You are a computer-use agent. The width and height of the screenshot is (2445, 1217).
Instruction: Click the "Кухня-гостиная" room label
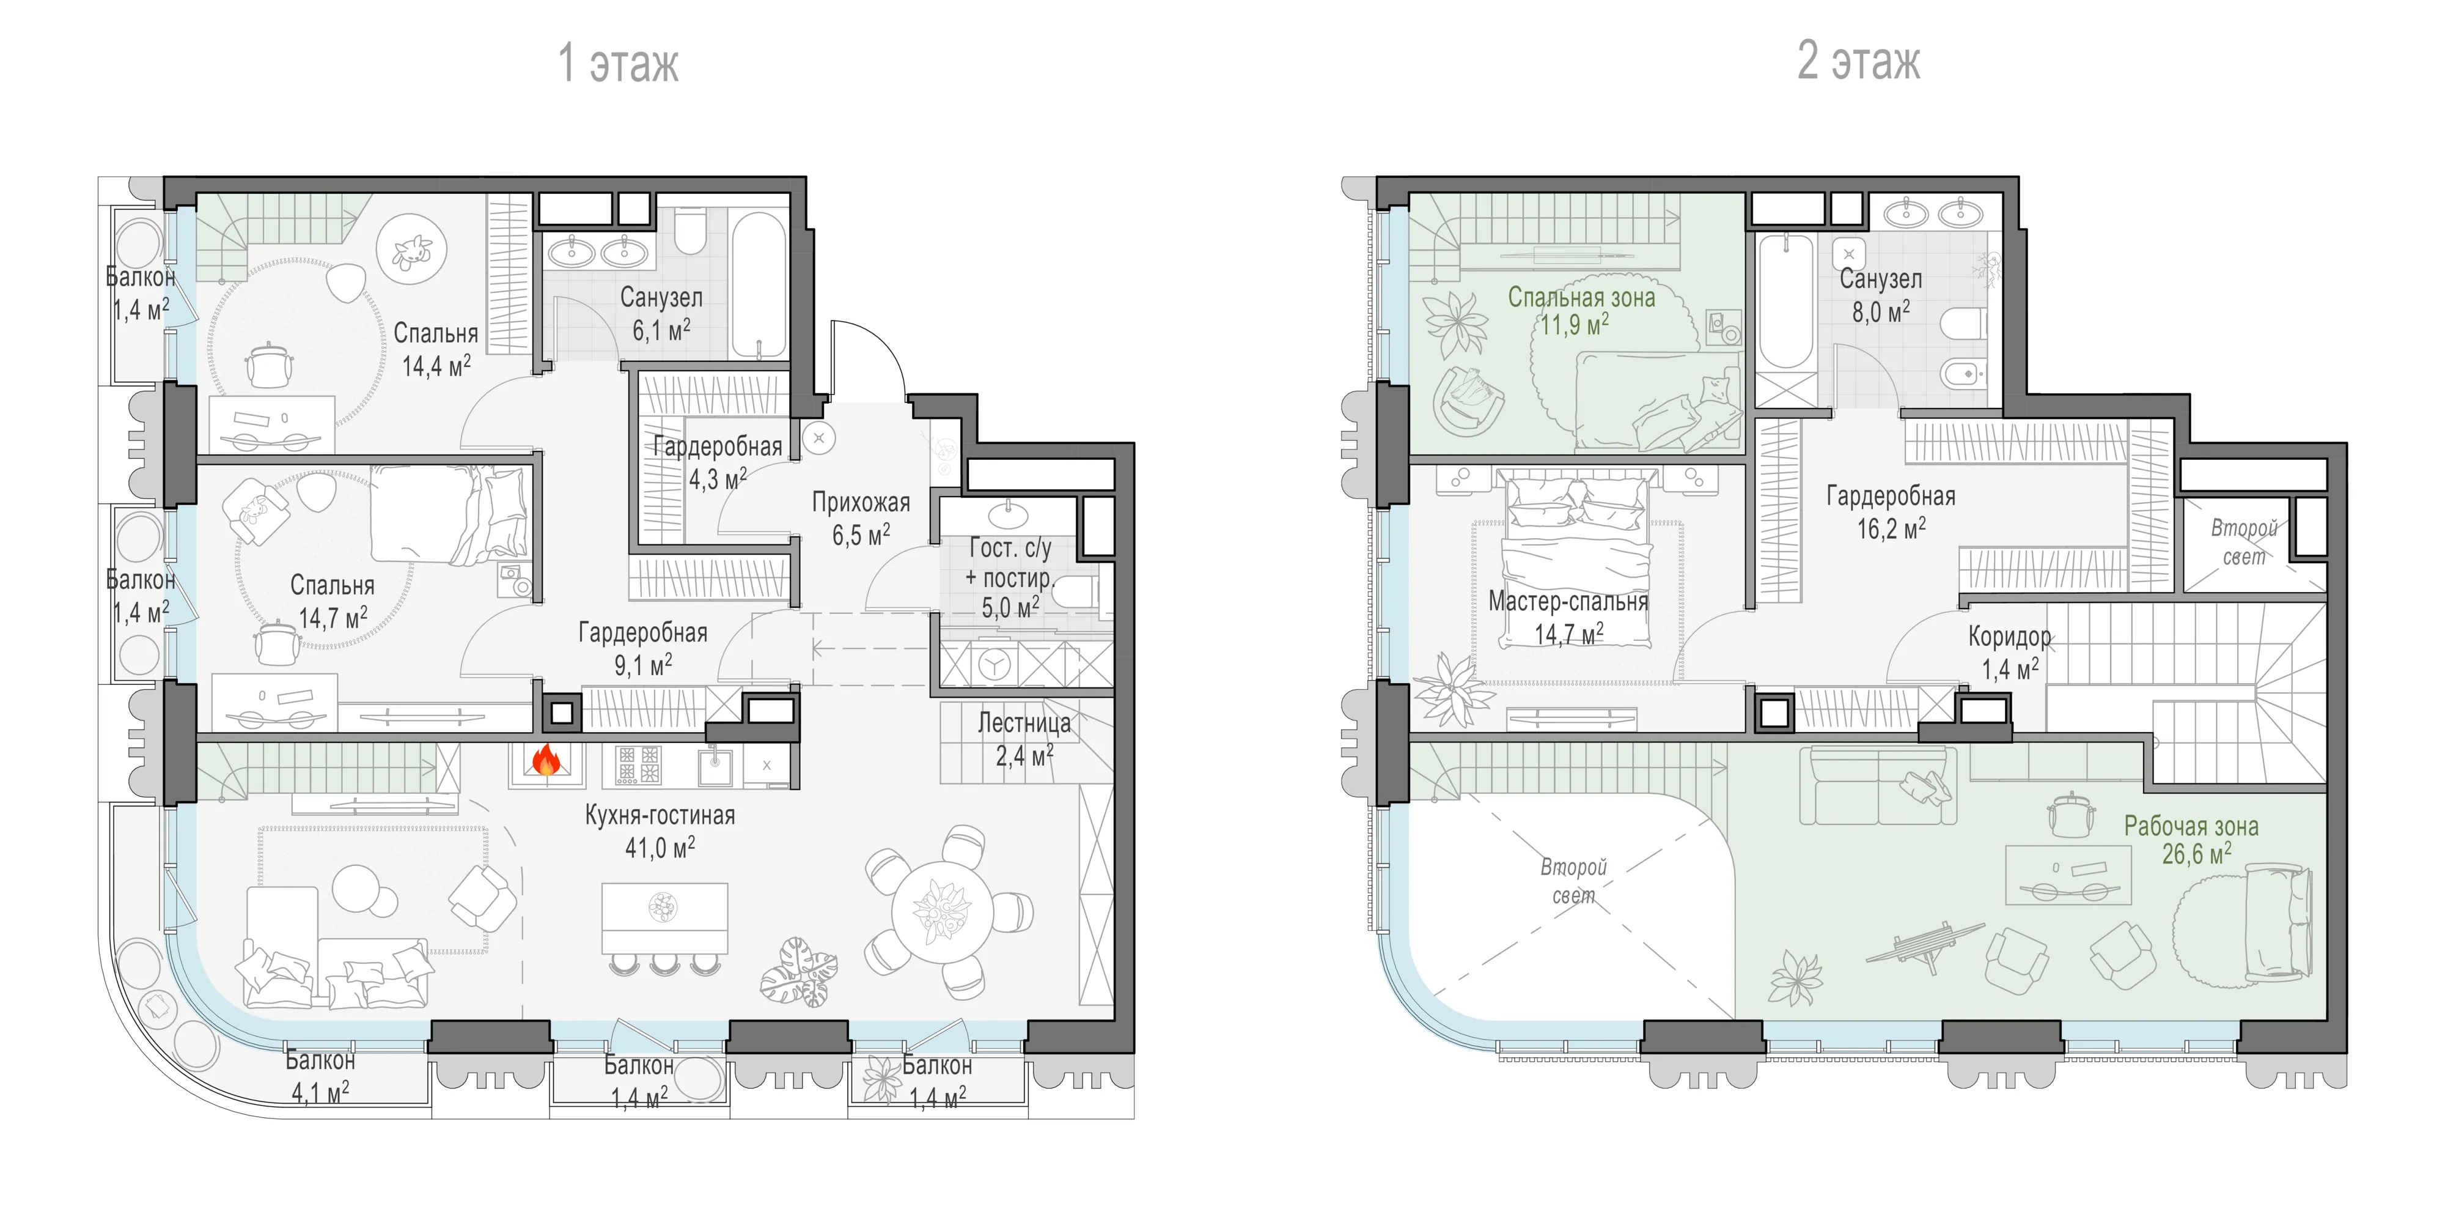[x=660, y=815]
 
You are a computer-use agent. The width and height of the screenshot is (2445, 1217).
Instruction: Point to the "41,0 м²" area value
[x=660, y=847]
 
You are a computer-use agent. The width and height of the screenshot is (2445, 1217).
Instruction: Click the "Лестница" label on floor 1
[x=1024, y=723]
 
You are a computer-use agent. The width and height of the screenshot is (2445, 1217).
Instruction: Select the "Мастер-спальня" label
[x=1568, y=601]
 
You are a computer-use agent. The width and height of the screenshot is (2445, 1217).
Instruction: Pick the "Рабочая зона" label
[x=2191, y=826]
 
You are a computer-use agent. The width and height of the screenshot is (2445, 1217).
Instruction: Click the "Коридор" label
[x=2009, y=636]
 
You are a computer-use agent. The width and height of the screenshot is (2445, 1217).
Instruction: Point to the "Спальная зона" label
[x=1581, y=297]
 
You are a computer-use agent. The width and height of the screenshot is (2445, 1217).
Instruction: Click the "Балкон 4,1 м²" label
[x=320, y=1076]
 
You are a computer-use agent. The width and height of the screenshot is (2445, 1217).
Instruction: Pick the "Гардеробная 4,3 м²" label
[x=718, y=462]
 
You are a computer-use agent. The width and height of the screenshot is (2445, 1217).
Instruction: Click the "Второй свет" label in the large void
[x=1573, y=881]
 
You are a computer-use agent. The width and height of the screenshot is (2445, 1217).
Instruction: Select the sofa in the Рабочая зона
[x=1877, y=785]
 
